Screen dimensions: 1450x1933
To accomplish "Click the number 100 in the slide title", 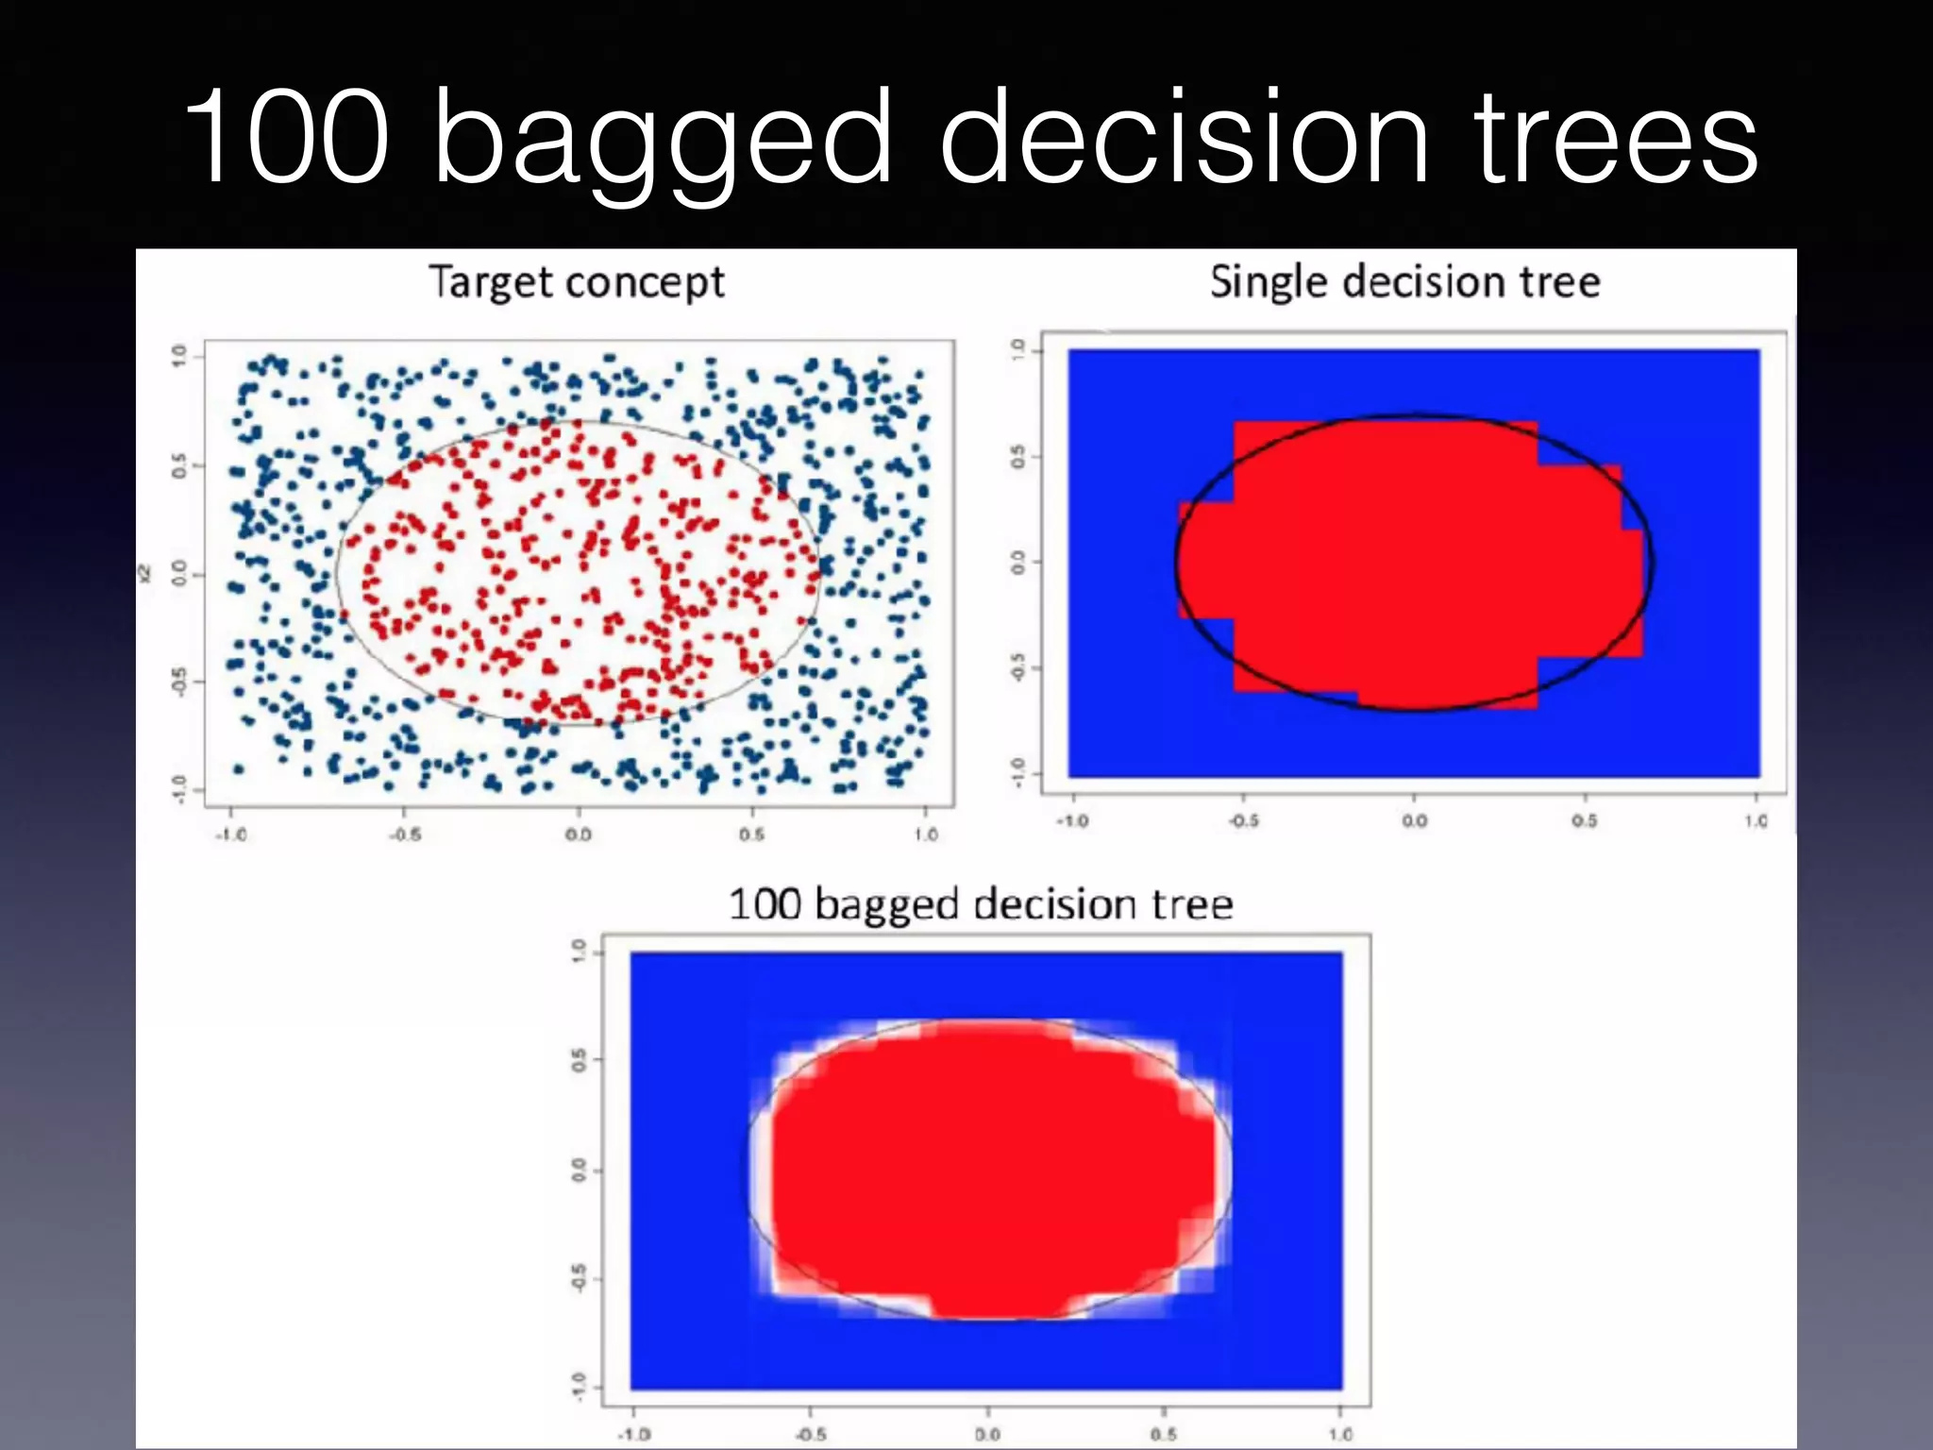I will point(287,137).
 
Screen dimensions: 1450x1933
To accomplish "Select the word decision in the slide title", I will point(1185,137).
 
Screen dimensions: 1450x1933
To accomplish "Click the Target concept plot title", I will point(577,282).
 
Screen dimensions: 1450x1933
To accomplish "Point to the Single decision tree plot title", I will point(1404,281).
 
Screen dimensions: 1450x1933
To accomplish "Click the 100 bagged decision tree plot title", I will point(980,903).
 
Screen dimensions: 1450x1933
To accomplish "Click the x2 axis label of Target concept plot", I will point(144,573).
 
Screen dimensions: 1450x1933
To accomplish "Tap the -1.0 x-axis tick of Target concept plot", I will point(231,835).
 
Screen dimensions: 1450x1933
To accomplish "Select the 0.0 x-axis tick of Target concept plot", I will point(579,835).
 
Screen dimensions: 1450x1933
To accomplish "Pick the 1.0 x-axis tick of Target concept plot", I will point(926,835).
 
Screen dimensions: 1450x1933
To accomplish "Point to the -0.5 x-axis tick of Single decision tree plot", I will point(1243,820).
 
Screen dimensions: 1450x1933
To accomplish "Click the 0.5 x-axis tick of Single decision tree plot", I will point(1585,820).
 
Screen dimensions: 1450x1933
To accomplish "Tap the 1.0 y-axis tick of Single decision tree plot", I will point(1017,350).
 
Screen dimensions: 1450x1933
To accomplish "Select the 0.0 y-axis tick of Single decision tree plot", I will point(1017,563).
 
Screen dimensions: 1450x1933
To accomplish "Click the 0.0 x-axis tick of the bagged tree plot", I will point(987,1434).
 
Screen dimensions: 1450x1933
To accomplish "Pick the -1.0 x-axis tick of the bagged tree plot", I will point(634,1434).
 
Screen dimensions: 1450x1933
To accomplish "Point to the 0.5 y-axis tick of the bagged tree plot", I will point(578,1060).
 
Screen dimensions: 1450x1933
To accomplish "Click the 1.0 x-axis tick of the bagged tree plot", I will point(1340,1434).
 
